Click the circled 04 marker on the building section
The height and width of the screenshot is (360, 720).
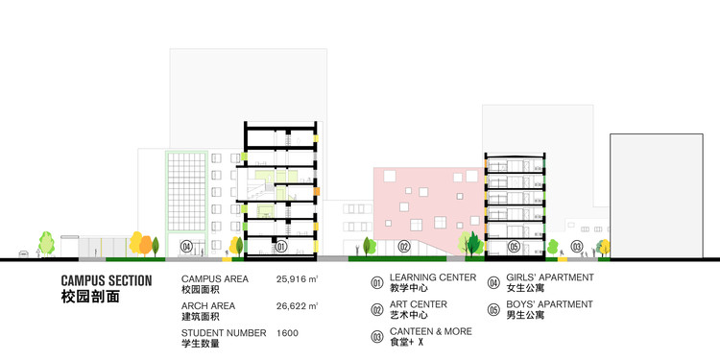point(186,247)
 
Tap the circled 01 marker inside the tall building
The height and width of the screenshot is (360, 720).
point(281,247)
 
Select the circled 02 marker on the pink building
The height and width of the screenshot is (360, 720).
point(404,247)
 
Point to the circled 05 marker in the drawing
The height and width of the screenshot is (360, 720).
point(515,247)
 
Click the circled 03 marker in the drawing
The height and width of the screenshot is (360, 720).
point(577,247)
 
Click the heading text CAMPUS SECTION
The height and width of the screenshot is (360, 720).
point(106,281)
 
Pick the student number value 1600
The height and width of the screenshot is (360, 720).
point(287,333)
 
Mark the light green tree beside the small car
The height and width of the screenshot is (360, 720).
point(45,242)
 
